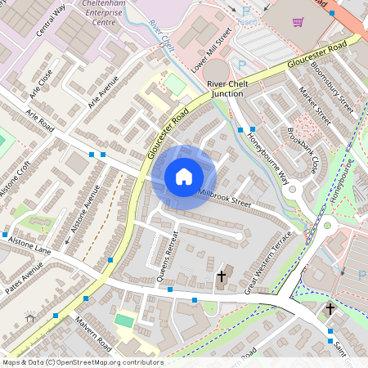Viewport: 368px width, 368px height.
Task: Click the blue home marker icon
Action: [183, 176]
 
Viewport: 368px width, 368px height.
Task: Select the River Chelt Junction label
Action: [226, 88]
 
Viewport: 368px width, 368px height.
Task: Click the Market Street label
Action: [314, 105]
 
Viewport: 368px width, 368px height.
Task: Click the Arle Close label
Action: [38, 80]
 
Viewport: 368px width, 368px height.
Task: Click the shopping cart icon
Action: [298, 21]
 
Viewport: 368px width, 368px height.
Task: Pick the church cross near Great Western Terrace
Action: [221, 277]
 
